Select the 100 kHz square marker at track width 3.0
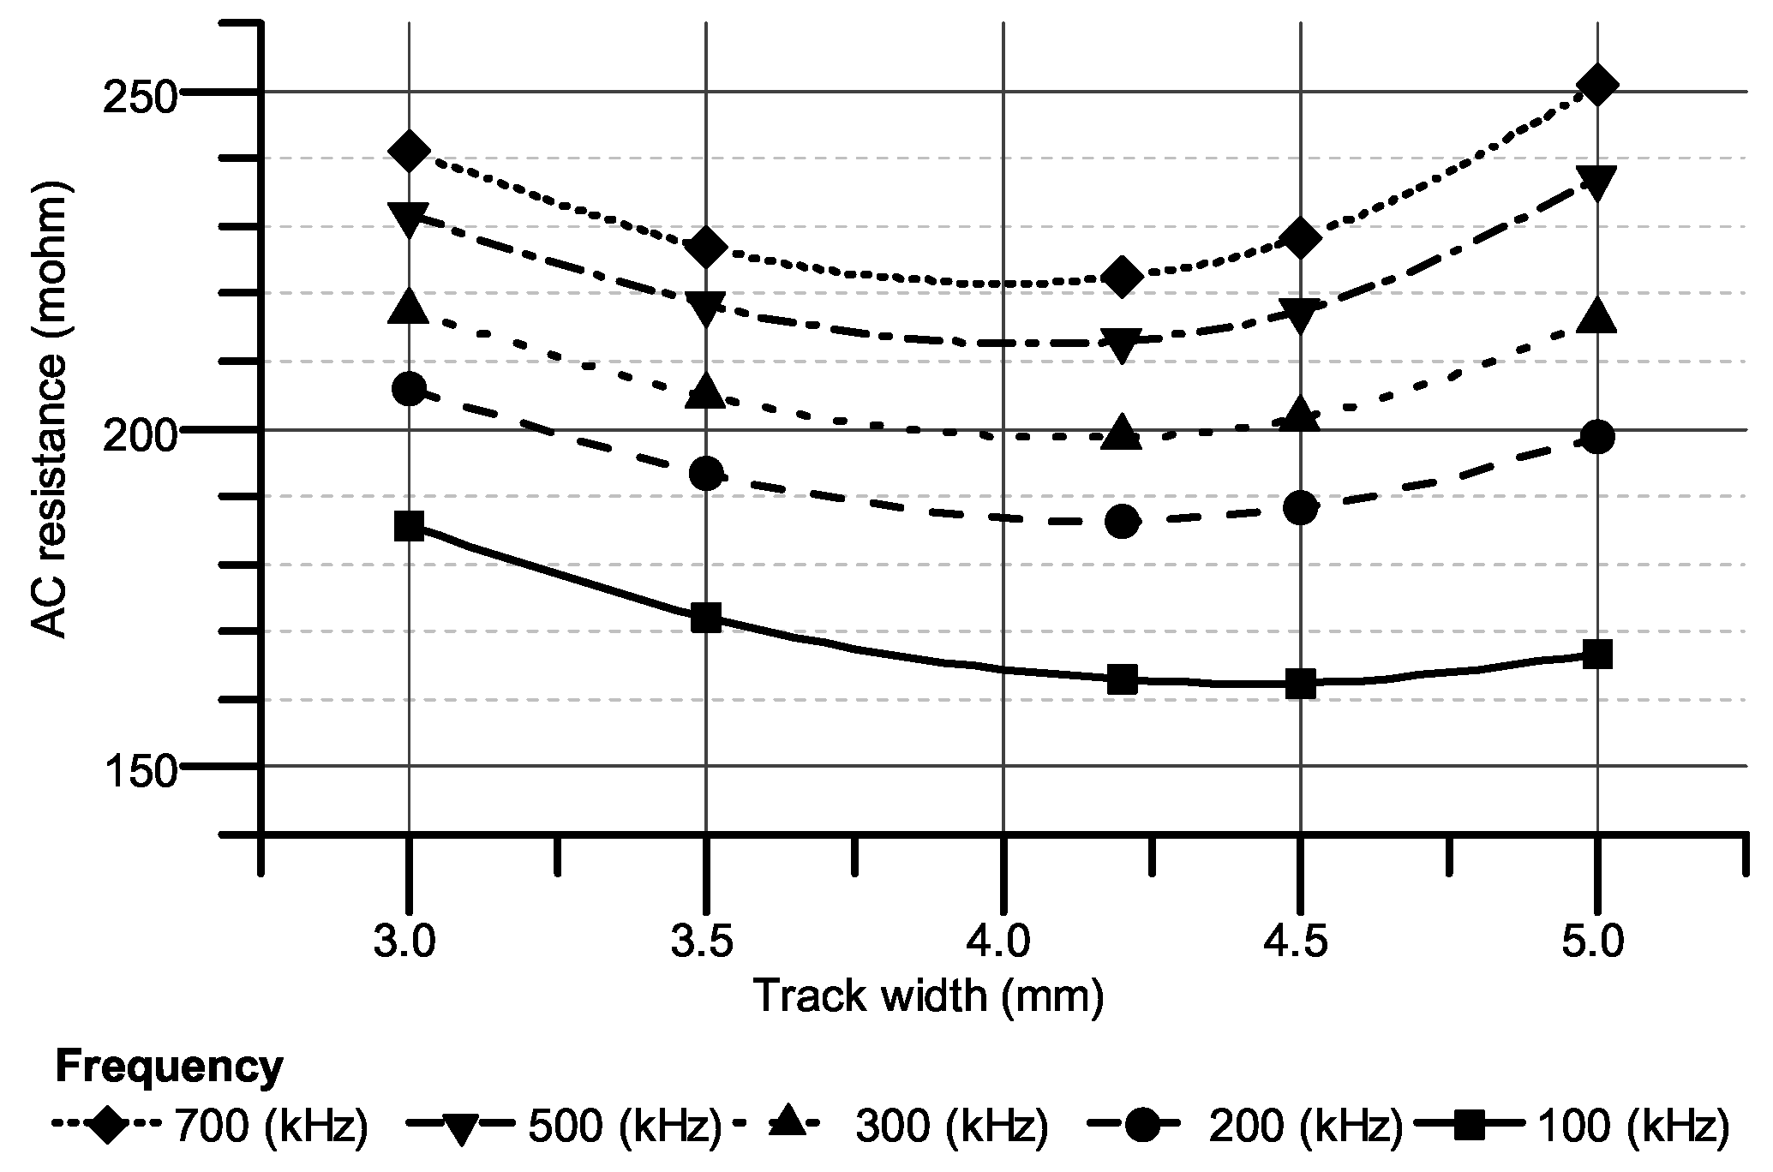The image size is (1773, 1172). point(410,526)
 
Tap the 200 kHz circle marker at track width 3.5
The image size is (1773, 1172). point(706,473)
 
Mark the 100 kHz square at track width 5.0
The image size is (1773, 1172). point(1596,655)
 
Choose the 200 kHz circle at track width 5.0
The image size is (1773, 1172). point(1596,437)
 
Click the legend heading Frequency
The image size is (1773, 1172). point(168,1067)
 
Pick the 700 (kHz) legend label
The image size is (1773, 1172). point(270,1127)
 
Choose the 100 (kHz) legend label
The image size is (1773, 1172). point(1633,1127)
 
